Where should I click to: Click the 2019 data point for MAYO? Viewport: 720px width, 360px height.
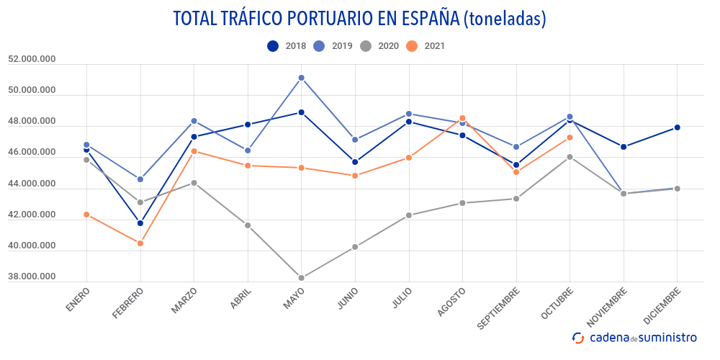tap(301, 78)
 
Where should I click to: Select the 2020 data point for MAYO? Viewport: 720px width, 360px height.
tap(301, 278)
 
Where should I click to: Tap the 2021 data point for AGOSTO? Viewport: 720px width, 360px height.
tap(462, 118)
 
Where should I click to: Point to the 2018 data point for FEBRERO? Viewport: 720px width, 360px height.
tap(140, 223)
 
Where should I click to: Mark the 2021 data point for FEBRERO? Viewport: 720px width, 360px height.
tap(140, 243)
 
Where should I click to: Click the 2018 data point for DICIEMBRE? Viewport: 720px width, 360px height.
tap(677, 127)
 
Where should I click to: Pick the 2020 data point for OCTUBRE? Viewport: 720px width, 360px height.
tap(570, 157)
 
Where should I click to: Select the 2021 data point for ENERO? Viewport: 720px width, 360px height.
tap(86, 215)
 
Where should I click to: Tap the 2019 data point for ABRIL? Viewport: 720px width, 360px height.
tap(248, 150)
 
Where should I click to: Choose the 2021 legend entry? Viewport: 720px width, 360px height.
tap(426, 46)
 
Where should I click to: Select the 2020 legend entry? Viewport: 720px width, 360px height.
tap(379, 46)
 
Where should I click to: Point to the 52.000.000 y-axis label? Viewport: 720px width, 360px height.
tap(32, 60)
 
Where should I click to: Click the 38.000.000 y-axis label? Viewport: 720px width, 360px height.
tap(32, 277)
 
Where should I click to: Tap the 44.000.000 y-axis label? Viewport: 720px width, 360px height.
tap(32, 184)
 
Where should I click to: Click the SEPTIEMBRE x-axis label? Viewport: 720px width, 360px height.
tap(500, 309)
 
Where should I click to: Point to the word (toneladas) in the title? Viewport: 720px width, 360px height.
tap(505, 19)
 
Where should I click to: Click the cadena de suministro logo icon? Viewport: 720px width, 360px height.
tap(577, 338)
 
